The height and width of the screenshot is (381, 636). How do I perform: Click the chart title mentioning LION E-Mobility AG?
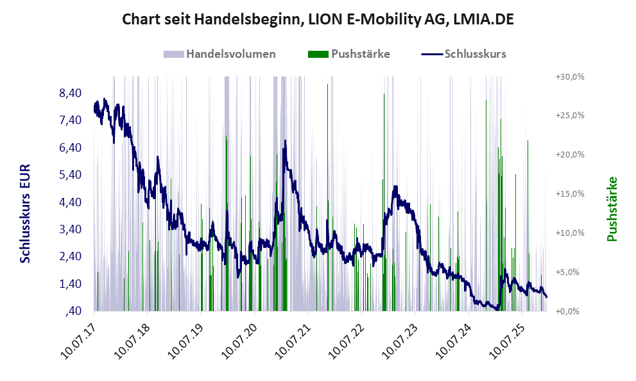318,21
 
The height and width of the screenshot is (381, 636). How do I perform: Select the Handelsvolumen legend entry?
219,54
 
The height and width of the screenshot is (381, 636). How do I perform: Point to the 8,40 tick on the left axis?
70,94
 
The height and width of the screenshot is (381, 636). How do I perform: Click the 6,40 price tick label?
70,148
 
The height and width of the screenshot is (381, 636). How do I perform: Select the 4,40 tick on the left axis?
70,202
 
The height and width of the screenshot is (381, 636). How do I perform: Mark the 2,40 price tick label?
70,256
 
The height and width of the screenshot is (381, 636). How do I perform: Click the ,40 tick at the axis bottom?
73,311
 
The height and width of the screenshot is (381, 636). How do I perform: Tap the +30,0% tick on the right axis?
570,76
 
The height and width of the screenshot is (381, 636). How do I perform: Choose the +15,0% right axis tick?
570,193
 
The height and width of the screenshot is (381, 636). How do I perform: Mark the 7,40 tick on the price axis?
70,121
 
